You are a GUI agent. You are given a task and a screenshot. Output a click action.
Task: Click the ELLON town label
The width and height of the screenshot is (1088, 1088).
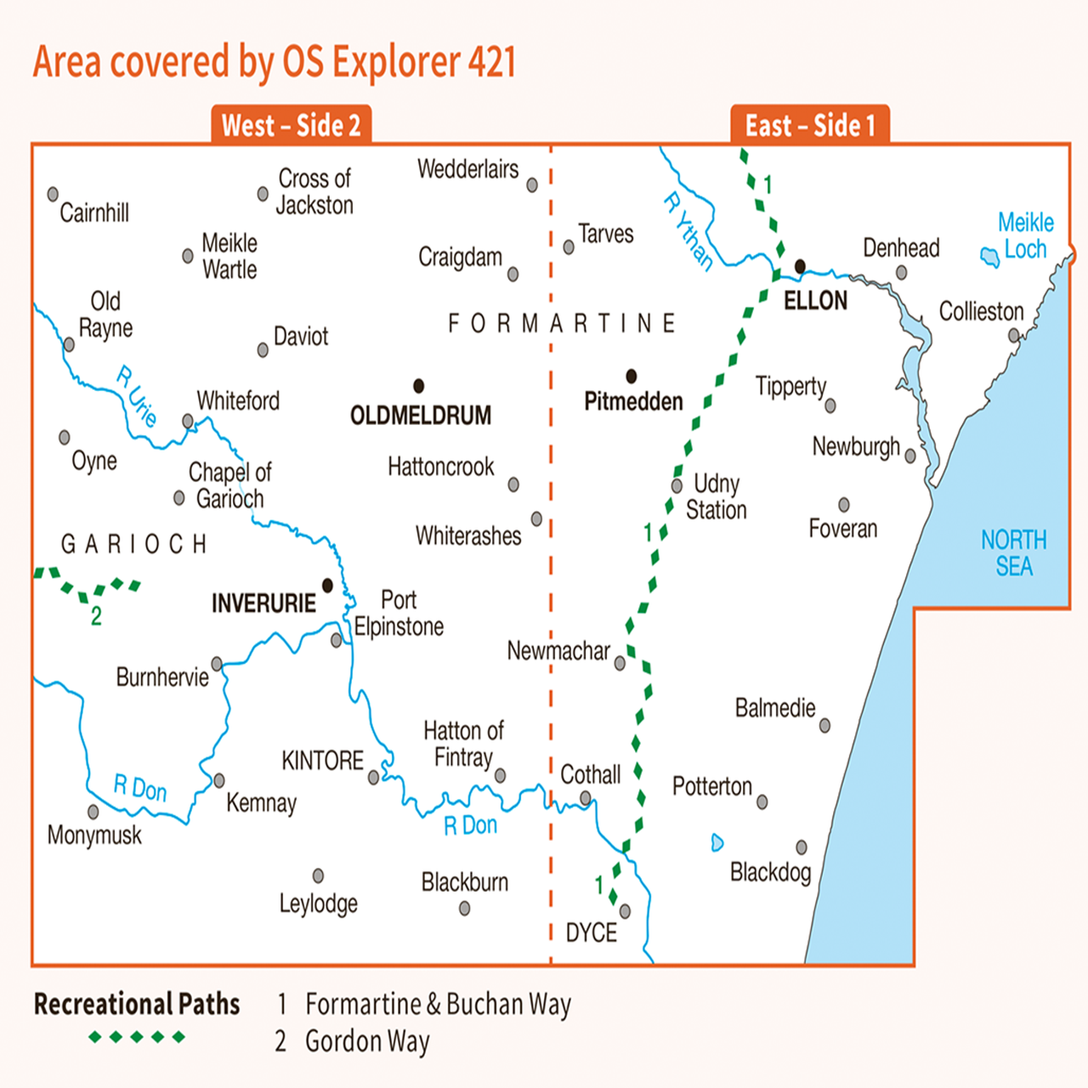tap(815, 301)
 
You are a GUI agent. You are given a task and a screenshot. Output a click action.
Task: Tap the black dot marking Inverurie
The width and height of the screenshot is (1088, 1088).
tap(327, 585)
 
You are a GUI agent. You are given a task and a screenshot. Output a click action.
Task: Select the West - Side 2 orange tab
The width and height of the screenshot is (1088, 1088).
tap(291, 126)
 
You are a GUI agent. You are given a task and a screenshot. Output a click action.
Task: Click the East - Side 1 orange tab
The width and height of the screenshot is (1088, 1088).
tap(809, 126)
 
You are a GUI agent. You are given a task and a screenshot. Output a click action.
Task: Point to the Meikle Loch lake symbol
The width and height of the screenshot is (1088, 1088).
tap(989, 256)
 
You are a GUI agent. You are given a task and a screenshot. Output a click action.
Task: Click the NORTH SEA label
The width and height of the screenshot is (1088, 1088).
tap(1013, 553)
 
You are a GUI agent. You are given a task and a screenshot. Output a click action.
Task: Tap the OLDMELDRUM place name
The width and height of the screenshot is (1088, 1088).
tap(421, 416)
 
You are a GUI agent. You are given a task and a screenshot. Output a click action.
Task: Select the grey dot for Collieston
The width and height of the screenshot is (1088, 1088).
tap(1013, 336)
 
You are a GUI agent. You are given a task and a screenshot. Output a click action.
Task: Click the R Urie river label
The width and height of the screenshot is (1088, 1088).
tap(137, 396)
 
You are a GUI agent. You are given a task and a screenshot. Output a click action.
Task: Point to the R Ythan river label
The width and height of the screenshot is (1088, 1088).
tap(688, 231)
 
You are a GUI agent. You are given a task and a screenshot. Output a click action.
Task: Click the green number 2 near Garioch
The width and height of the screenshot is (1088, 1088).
tap(96, 616)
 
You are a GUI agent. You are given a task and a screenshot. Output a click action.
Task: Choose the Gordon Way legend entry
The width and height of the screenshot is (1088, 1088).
tap(367, 1041)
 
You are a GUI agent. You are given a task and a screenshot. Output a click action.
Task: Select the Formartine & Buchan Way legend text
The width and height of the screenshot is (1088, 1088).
tap(438, 1005)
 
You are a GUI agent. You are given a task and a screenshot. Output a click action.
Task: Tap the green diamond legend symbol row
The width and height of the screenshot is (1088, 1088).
tap(137, 1037)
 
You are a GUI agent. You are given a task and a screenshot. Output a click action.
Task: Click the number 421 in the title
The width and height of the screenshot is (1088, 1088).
tap(491, 62)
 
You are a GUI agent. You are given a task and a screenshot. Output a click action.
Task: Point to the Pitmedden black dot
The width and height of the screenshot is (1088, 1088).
tap(631, 376)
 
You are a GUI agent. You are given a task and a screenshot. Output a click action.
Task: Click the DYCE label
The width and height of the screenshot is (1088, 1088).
tap(591, 933)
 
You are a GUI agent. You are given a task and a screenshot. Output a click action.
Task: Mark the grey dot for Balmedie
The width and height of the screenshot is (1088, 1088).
tap(824, 726)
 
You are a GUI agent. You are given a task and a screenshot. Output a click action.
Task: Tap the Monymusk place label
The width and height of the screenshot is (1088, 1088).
tap(94, 836)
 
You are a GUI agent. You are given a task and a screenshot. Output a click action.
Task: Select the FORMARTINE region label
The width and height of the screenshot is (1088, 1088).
tap(562, 324)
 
